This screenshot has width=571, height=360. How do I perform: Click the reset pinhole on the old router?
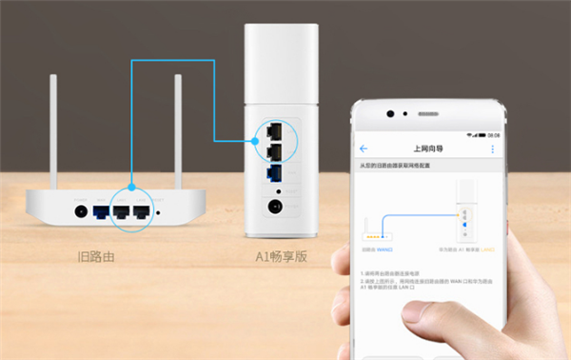click(159, 213)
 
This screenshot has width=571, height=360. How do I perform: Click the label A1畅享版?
click(279, 256)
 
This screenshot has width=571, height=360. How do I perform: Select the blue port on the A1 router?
click(274, 173)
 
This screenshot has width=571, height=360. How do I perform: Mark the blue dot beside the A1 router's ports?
click(258, 139)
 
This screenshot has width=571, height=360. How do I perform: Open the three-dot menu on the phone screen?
click(492, 150)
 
